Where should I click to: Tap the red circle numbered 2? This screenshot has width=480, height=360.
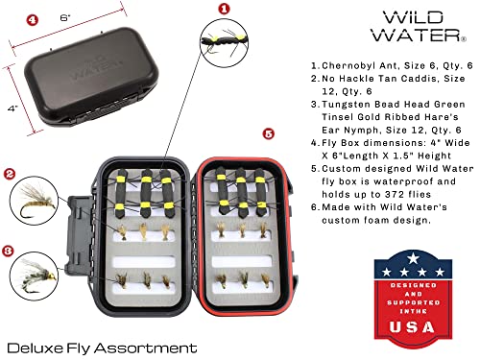point(9,175)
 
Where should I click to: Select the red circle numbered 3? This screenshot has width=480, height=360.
point(9,252)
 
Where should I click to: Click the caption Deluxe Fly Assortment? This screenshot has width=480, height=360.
point(101,347)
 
